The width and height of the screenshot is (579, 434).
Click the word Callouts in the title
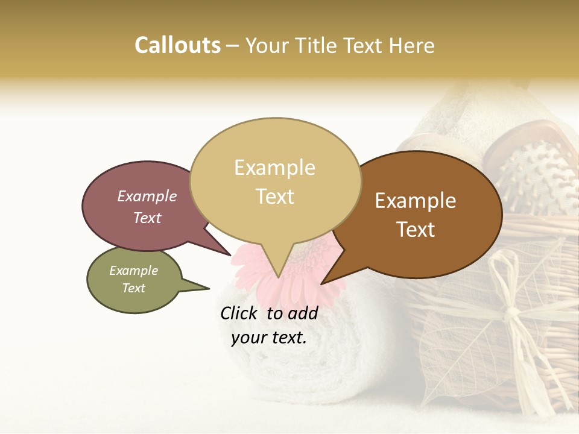pos(177,45)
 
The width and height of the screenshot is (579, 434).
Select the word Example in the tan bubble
pos(274,168)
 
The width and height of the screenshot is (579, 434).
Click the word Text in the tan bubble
pos(275,196)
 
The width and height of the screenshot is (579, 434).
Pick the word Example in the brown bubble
pos(416,201)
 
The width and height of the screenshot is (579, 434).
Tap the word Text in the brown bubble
pos(416,229)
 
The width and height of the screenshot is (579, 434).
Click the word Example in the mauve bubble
pos(147,196)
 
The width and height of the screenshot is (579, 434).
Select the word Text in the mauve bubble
pos(147,218)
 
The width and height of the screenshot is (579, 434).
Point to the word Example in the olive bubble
pos(133,271)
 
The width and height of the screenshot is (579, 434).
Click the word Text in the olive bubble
pos(133,288)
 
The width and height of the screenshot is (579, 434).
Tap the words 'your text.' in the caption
pos(269,338)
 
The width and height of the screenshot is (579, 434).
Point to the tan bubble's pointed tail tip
pos(278,278)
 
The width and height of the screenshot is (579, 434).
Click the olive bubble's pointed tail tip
pos(209,288)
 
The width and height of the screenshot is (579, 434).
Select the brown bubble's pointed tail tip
pos(322,284)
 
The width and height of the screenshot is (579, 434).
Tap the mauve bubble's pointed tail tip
pos(231,256)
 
